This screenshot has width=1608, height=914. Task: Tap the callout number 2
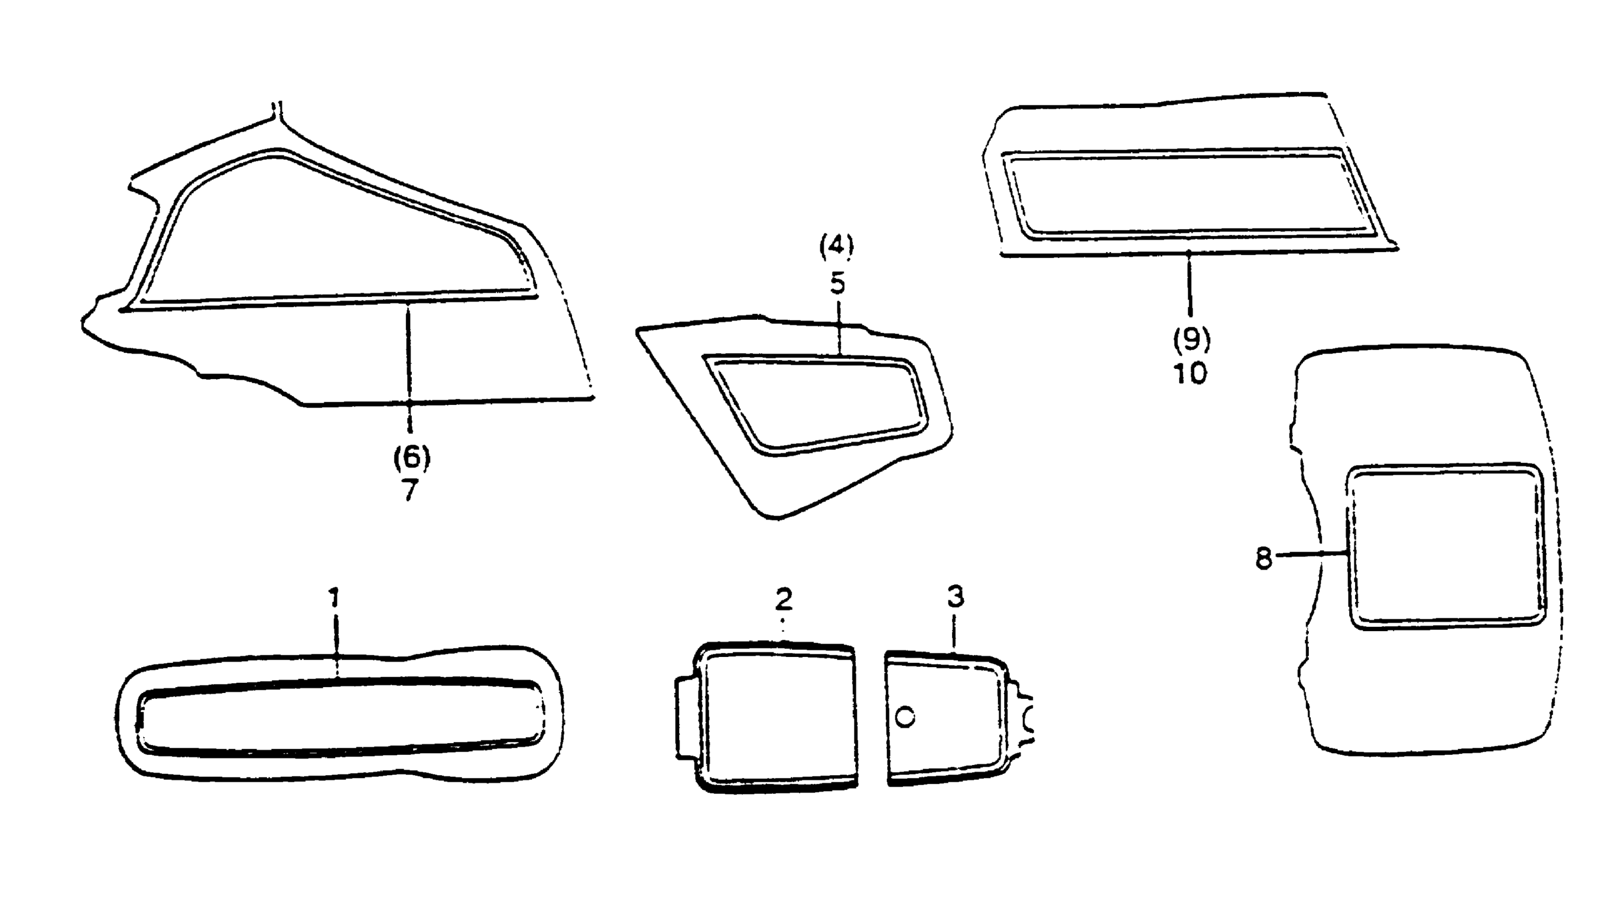coord(783,600)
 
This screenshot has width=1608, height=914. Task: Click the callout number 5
coord(837,284)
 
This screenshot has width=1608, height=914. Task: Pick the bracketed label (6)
coord(412,457)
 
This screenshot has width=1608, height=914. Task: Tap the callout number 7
coord(410,490)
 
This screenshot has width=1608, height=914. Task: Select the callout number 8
coord(1263,558)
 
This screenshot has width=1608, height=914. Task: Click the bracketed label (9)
coord(1191,340)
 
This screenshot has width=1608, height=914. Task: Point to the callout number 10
coord(1190,374)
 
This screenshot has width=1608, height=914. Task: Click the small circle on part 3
coord(905,716)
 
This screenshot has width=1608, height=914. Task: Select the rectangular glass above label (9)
coord(1187,194)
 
